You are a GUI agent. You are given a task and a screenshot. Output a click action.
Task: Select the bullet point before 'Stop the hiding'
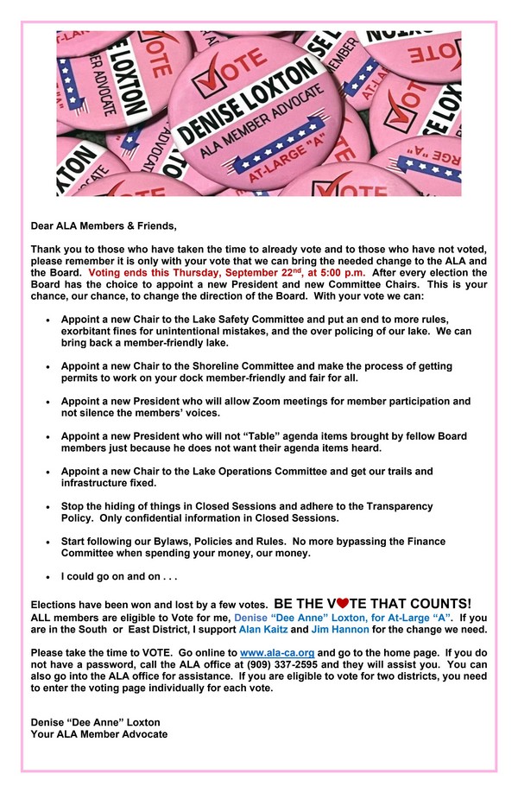pos(47,506)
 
